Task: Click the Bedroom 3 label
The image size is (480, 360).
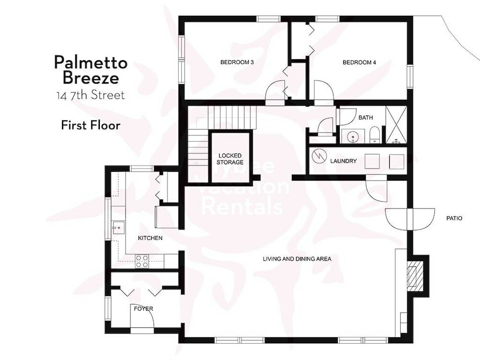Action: coord(237,62)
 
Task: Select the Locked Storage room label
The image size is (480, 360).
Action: coord(230,159)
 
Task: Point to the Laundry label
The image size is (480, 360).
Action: coord(343,161)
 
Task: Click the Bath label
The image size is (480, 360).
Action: coord(365,118)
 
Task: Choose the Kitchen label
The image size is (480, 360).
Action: coord(150,238)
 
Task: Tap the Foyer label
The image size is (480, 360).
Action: coord(144,309)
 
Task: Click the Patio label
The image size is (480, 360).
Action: coord(454,218)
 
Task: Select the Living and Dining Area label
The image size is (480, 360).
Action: coord(297,259)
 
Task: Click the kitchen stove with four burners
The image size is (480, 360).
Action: coord(142,261)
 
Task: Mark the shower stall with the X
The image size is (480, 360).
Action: coord(396,125)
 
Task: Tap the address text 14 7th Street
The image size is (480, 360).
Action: coord(90,96)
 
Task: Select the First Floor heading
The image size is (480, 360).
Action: coord(90,125)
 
